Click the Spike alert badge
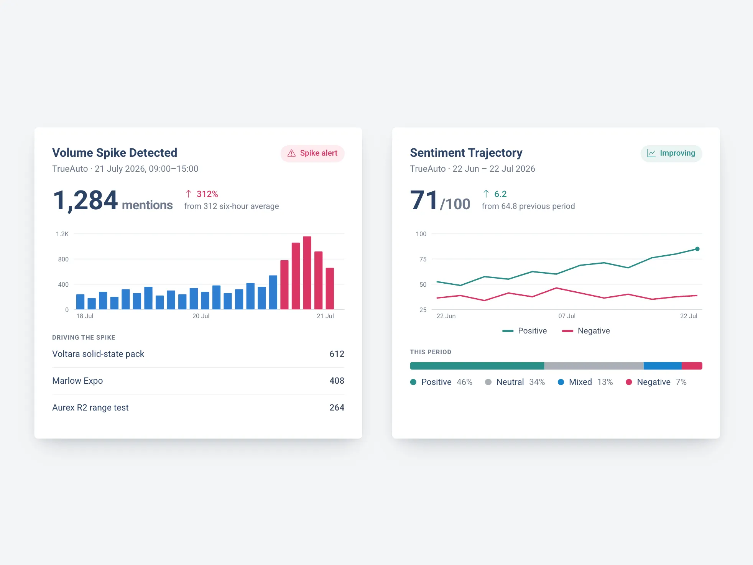[x=312, y=153]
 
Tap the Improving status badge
[x=671, y=153]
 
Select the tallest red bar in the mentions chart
[x=307, y=273]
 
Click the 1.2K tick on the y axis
[x=62, y=234]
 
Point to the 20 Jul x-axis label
[x=201, y=316]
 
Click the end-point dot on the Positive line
[x=697, y=249]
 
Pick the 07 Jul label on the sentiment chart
[x=567, y=316]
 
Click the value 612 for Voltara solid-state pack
[x=337, y=354]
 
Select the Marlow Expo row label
[x=77, y=381]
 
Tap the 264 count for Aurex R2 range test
[x=337, y=407]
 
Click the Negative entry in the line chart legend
[x=586, y=331]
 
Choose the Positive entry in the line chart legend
[x=524, y=331]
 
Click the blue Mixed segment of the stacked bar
[x=663, y=366]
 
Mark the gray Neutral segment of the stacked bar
[x=594, y=366]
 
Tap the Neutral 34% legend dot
[x=488, y=382]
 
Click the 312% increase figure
[x=207, y=194]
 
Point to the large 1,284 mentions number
[x=85, y=200]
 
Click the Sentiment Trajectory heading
[x=466, y=153]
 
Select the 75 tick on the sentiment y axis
[x=423, y=259]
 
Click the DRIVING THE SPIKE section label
[x=84, y=337]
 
